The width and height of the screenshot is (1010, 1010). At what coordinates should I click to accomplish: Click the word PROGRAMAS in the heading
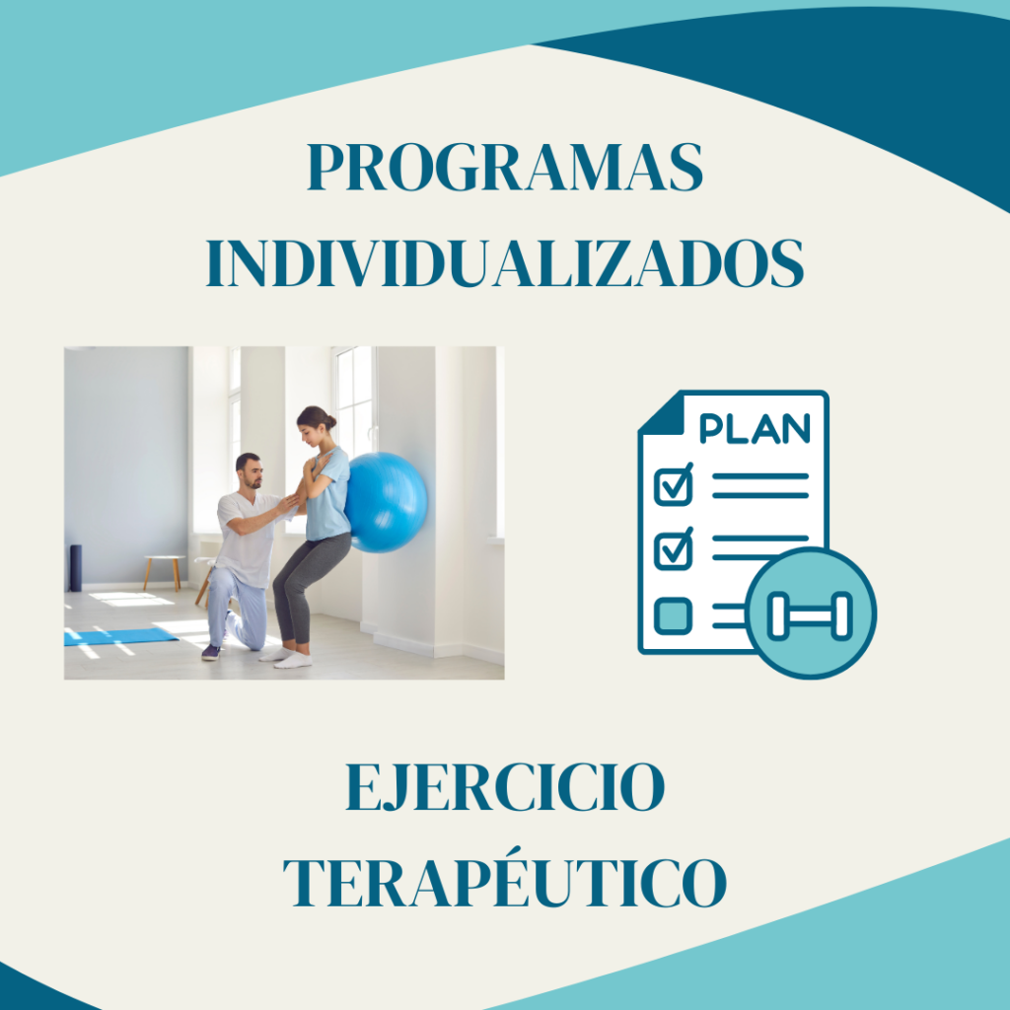tap(505, 167)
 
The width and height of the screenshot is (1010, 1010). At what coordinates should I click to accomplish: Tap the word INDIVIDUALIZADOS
tap(505, 262)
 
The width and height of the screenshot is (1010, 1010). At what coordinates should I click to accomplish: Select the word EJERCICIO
tap(505, 786)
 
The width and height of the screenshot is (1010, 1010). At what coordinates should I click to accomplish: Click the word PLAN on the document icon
tap(755, 428)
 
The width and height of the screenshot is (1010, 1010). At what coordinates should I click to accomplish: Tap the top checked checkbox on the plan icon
tap(674, 485)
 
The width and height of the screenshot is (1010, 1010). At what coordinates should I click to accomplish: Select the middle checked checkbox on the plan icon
tap(674, 549)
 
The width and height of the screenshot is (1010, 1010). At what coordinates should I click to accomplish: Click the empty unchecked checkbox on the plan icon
tap(673, 615)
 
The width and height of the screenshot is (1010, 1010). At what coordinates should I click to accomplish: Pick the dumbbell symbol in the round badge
tap(811, 615)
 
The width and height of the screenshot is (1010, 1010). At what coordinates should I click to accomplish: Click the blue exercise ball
tap(386, 502)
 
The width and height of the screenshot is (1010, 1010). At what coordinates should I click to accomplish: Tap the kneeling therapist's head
tap(250, 470)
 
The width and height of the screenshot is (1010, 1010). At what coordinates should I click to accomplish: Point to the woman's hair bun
tap(330, 422)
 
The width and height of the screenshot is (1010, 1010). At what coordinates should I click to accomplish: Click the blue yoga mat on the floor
tap(119, 636)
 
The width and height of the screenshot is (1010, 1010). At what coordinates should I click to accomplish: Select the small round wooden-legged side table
tap(164, 571)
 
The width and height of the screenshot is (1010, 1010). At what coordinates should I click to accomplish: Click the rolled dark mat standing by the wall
tap(76, 568)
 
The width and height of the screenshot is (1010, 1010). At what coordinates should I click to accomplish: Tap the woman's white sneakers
tap(287, 658)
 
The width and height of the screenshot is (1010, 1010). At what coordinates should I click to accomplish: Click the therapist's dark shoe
tap(211, 653)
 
